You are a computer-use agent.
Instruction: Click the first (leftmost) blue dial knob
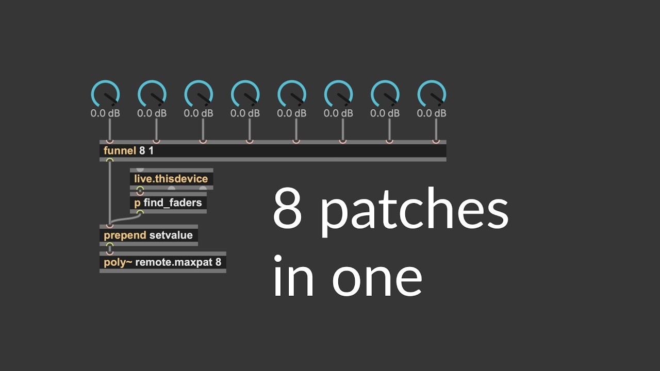pos(105,94)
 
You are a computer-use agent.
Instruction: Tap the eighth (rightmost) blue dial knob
pos(432,94)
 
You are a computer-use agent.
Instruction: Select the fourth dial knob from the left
pos(245,94)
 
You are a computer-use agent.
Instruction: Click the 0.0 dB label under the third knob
pos(199,113)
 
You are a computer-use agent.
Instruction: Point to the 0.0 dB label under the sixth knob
pos(338,113)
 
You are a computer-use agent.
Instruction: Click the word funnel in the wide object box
pos(120,151)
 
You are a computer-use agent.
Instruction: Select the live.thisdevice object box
pos(172,179)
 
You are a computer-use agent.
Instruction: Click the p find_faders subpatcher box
pos(168,203)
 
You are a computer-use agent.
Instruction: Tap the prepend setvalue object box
pos(149,235)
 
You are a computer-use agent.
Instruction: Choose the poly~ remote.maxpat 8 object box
pos(163,262)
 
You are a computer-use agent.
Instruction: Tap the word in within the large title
pos(293,275)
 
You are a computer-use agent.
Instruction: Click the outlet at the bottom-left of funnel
pos(110,160)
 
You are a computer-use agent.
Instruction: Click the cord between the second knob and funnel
pos(156,129)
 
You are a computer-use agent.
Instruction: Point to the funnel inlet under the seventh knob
pos(389,142)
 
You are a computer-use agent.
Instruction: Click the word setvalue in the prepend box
pos(171,235)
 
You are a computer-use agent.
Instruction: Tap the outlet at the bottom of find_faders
pos(140,212)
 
